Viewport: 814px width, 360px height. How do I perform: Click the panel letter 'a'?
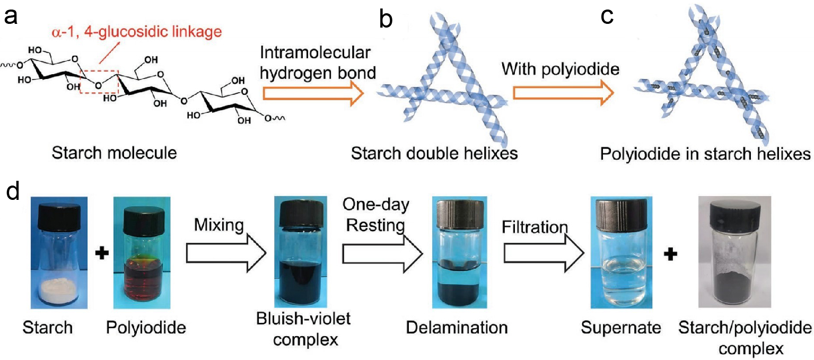[x=11, y=19]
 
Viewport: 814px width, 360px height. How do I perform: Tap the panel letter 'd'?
[x=12, y=191]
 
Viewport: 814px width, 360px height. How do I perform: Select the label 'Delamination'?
[x=457, y=328]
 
